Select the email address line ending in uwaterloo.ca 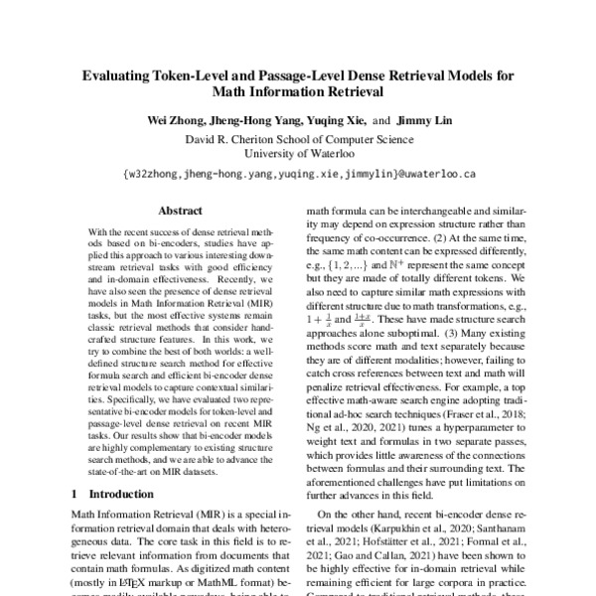(298, 173)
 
